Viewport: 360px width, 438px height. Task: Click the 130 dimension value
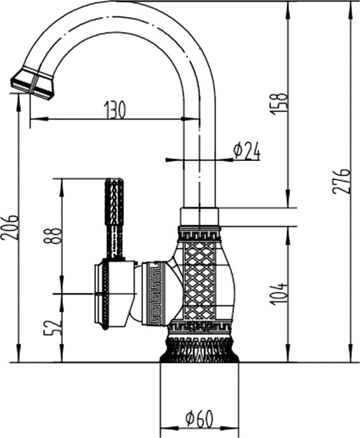(114, 109)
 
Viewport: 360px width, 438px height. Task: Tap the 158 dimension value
(279, 103)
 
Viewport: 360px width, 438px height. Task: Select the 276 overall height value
(341, 181)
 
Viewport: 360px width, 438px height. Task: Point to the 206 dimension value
(9, 227)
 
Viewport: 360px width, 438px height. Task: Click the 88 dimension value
(52, 236)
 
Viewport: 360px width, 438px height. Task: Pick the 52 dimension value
(52, 328)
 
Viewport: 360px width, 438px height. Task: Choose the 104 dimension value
(279, 294)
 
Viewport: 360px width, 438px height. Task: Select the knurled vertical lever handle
(114, 218)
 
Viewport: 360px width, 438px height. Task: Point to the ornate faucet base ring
(199, 349)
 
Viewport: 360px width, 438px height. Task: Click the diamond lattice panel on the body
(200, 281)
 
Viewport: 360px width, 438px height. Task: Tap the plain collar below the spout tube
(199, 216)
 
